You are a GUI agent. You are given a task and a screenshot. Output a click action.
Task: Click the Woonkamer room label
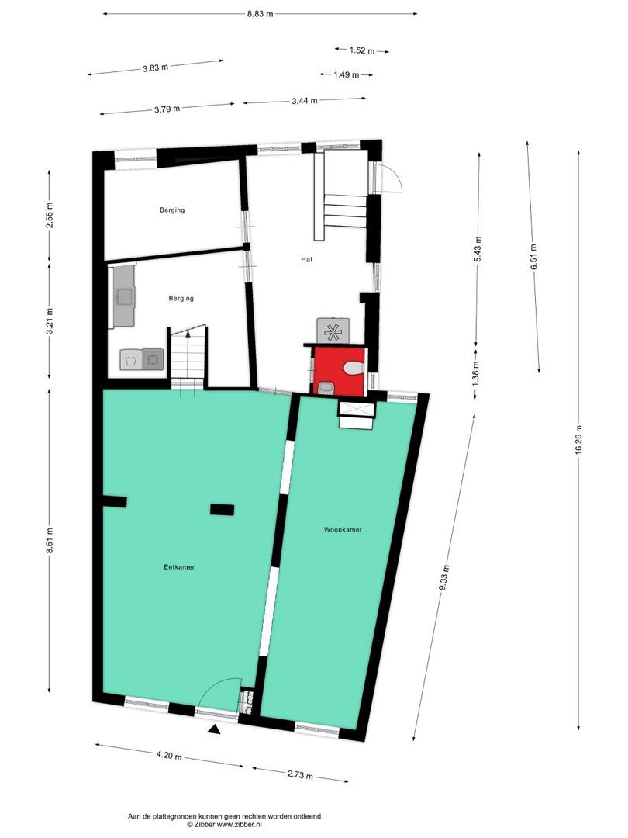point(343,530)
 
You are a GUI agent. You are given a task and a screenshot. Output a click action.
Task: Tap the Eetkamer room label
point(179,567)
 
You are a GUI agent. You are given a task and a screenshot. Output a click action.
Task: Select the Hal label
point(306,259)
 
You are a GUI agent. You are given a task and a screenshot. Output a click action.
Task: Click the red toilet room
point(338,371)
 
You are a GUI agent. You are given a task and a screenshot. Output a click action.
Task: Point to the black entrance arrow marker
point(214,729)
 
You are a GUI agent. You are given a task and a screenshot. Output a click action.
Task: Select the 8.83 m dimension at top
point(260,13)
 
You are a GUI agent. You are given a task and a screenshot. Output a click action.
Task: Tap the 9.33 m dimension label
point(443,578)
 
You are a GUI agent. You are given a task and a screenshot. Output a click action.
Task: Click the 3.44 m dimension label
point(304,100)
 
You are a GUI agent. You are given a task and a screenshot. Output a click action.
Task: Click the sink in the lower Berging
point(123,296)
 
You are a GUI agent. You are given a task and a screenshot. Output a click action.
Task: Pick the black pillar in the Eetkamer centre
point(222,509)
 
